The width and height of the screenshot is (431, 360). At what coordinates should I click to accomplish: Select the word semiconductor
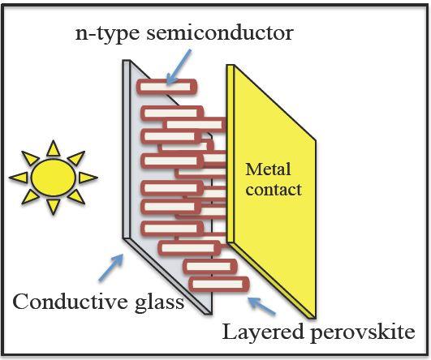click(x=220, y=33)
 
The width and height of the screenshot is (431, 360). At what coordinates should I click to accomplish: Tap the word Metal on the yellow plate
click(x=268, y=169)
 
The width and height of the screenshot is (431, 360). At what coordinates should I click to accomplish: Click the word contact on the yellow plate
click(x=274, y=190)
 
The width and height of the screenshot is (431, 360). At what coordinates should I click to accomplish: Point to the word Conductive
click(x=71, y=302)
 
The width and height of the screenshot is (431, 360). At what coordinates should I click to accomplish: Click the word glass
click(x=159, y=303)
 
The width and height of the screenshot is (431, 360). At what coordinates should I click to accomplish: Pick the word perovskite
click(x=363, y=333)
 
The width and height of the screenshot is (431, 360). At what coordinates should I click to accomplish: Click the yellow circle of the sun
click(x=54, y=178)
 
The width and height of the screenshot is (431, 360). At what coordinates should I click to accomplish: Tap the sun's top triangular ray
click(x=54, y=149)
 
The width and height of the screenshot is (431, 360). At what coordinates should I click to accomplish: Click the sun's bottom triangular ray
click(x=54, y=206)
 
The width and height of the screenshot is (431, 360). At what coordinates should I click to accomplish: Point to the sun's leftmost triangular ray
click(x=19, y=178)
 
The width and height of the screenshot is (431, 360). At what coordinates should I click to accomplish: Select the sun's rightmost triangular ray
click(x=88, y=178)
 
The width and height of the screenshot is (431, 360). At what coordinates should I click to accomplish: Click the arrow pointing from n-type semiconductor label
click(x=179, y=66)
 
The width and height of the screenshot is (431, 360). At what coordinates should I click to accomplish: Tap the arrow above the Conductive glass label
click(x=110, y=268)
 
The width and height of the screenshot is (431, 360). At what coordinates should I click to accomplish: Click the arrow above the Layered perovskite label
click(x=261, y=306)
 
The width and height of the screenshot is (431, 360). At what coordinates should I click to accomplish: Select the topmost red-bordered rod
click(x=167, y=87)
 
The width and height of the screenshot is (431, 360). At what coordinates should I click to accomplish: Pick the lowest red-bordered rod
click(x=219, y=285)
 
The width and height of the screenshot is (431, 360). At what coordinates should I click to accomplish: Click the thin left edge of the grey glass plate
click(x=126, y=149)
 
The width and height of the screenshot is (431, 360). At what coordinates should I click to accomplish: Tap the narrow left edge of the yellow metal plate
click(x=230, y=154)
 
